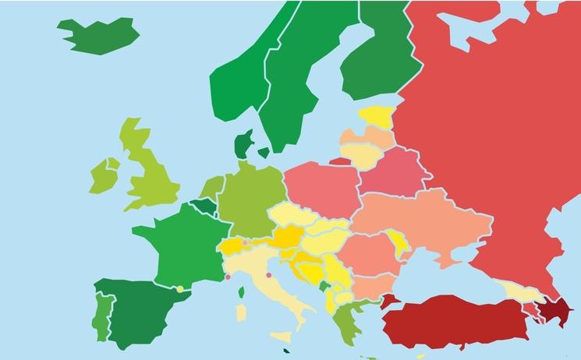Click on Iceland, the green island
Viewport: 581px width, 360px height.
(98, 32)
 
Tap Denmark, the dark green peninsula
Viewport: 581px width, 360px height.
(243, 145)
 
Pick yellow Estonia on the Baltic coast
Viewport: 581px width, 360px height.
(375, 117)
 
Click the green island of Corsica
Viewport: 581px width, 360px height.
(241, 292)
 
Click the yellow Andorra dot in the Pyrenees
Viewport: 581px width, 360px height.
(180, 289)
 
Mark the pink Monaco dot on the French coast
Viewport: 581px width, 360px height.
(228, 276)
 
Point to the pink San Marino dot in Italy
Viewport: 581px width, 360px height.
(268, 274)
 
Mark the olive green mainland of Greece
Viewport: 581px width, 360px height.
(344, 319)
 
